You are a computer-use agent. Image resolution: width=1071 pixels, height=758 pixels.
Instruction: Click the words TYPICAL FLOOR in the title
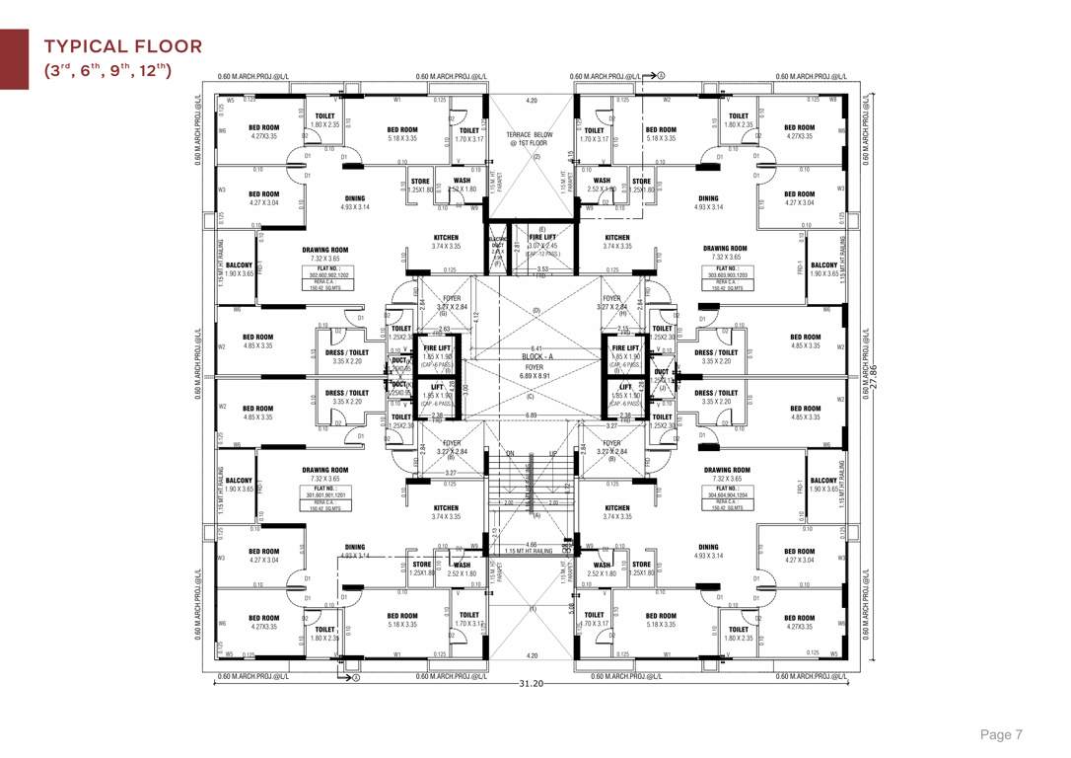(x=123, y=46)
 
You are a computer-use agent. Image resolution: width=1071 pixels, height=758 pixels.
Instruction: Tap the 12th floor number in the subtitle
(x=157, y=70)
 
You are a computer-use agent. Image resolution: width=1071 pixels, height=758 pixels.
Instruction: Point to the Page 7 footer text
(x=1001, y=734)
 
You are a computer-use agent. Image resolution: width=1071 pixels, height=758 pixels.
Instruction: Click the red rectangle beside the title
(x=14, y=59)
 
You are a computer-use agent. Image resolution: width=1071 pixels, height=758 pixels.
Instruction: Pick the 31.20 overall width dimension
(x=534, y=683)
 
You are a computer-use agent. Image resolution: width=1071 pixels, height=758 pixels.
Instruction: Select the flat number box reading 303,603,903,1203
(x=727, y=272)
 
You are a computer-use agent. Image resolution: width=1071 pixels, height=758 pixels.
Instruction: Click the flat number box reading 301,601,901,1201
(x=325, y=493)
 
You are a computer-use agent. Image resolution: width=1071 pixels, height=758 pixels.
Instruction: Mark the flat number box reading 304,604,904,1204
(x=728, y=493)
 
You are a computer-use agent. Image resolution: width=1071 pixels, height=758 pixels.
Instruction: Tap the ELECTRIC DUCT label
(x=498, y=246)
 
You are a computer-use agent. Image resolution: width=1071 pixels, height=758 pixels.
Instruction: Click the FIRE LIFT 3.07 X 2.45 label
(x=543, y=242)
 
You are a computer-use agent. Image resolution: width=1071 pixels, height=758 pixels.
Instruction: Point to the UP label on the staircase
(x=553, y=453)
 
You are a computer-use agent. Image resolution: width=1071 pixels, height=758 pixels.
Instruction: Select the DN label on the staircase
(x=510, y=453)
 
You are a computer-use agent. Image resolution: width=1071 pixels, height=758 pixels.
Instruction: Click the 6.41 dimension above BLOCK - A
(x=536, y=347)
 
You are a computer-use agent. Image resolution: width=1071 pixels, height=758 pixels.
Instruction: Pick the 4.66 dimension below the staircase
(x=532, y=544)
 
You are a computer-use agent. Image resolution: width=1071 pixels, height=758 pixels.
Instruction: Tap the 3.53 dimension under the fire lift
(x=541, y=267)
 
